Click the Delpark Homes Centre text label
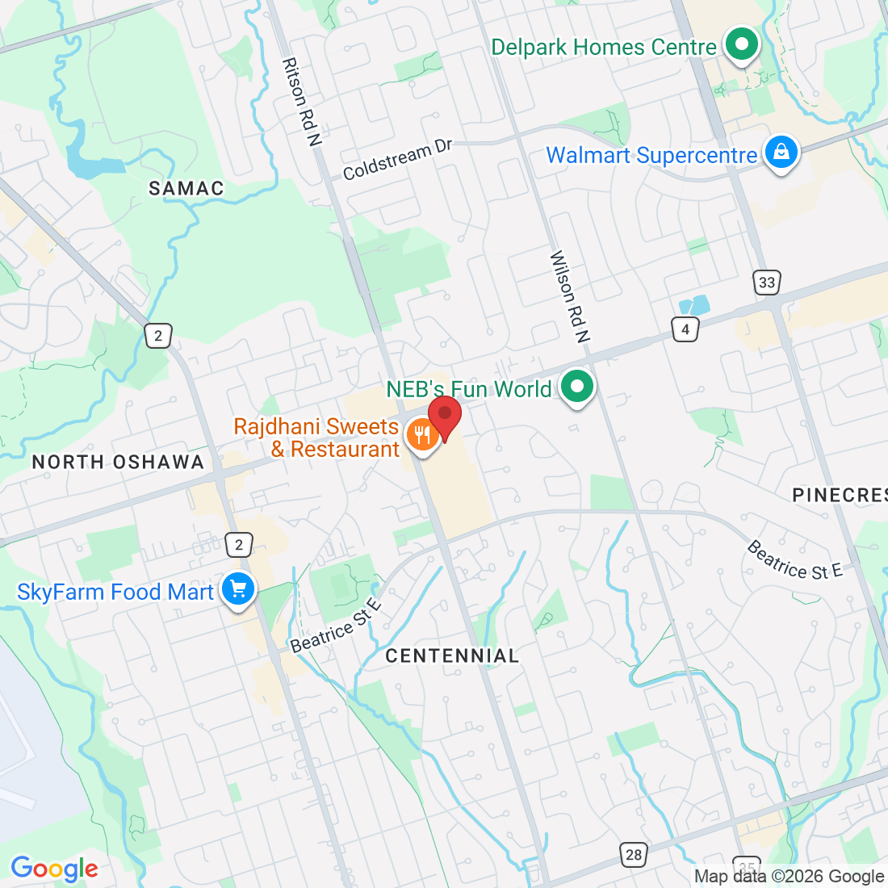click(x=604, y=48)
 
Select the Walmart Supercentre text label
click(x=651, y=155)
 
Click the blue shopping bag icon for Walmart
click(x=781, y=152)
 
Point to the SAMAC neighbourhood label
click(x=186, y=188)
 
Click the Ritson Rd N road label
click(x=301, y=102)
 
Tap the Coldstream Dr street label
click(x=398, y=160)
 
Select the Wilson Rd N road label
click(x=570, y=296)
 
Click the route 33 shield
click(x=767, y=282)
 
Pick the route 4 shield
click(x=685, y=329)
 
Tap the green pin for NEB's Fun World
click(x=576, y=387)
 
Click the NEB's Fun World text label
click(x=469, y=389)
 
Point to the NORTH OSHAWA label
click(x=118, y=463)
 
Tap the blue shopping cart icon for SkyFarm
click(x=237, y=589)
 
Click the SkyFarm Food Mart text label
click(x=115, y=593)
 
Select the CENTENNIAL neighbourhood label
click(x=452, y=656)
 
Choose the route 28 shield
click(x=634, y=855)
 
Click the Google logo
click(x=54, y=869)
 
